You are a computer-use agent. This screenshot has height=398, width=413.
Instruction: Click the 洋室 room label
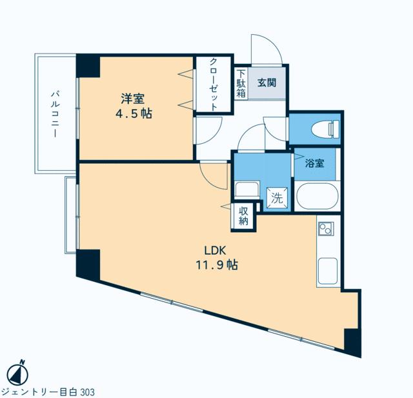(132, 99)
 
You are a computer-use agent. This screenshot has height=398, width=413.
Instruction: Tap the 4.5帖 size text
(134, 114)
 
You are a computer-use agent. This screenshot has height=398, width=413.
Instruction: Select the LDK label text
(215, 250)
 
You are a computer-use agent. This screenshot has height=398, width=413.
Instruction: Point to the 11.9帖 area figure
(217, 265)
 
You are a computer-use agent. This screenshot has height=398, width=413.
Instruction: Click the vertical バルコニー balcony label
(55, 114)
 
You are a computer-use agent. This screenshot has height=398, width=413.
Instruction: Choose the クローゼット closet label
(214, 85)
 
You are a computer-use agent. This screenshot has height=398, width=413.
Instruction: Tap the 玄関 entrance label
(267, 83)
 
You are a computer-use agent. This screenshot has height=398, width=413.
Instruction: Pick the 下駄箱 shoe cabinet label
(241, 84)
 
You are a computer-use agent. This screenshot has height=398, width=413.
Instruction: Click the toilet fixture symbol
(325, 130)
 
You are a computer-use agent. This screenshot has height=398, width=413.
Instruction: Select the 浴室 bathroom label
(315, 163)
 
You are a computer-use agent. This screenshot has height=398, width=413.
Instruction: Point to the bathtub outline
(317, 196)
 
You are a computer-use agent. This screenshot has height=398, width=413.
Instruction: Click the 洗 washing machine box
(277, 196)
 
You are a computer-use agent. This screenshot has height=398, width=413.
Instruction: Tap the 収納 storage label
(244, 216)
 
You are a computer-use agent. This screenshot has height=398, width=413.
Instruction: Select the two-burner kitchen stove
(326, 229)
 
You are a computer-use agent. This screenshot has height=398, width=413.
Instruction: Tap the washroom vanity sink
(247, 189)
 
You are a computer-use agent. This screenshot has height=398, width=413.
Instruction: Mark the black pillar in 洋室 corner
(88, 66)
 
